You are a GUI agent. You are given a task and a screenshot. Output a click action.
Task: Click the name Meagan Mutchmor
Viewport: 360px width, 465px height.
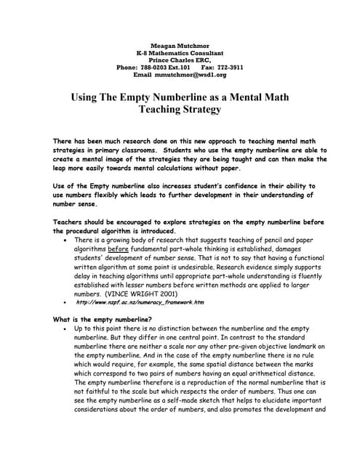point(180,46)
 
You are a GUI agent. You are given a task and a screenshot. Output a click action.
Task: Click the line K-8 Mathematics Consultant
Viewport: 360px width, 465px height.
point(180,53)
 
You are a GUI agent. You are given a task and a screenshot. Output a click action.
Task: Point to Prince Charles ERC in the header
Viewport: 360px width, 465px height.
point(180,60)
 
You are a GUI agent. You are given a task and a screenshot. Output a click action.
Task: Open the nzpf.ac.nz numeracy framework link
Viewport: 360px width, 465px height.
point(140,303)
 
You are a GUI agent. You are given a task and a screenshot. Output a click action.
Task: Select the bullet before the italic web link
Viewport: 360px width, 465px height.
point(66,303)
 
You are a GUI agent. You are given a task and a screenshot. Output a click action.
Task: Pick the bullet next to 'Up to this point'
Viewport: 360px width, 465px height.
point(66,328)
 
